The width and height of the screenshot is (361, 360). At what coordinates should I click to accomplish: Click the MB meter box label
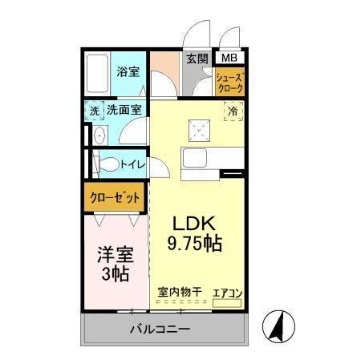click(x=229, y=58)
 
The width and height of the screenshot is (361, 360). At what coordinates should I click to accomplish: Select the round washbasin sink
click(x=98, y=136)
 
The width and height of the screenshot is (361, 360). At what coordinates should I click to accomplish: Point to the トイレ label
click(x=132, y=164)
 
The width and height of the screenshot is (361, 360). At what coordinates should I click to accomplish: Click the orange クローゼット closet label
click(x=115, y=196)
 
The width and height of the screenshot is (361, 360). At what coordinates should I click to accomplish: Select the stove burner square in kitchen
click(x=197, y=127)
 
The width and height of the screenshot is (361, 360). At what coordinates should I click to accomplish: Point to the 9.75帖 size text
click(x=196, y=242)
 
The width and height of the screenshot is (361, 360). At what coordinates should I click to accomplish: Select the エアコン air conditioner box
click(x=228, y=294)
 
